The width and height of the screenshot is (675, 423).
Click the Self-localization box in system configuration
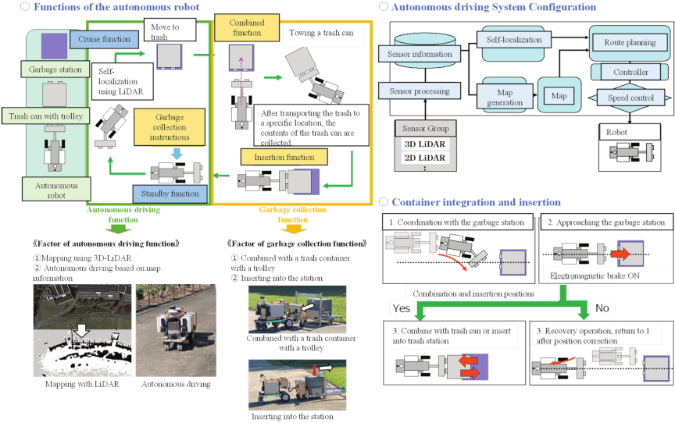coord(513,38)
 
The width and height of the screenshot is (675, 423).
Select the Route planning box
coord(629,43)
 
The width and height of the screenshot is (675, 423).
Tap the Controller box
coord(630,72)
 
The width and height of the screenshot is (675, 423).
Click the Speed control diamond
coord(630,98)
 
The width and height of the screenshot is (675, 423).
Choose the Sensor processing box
coord(420,91)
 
